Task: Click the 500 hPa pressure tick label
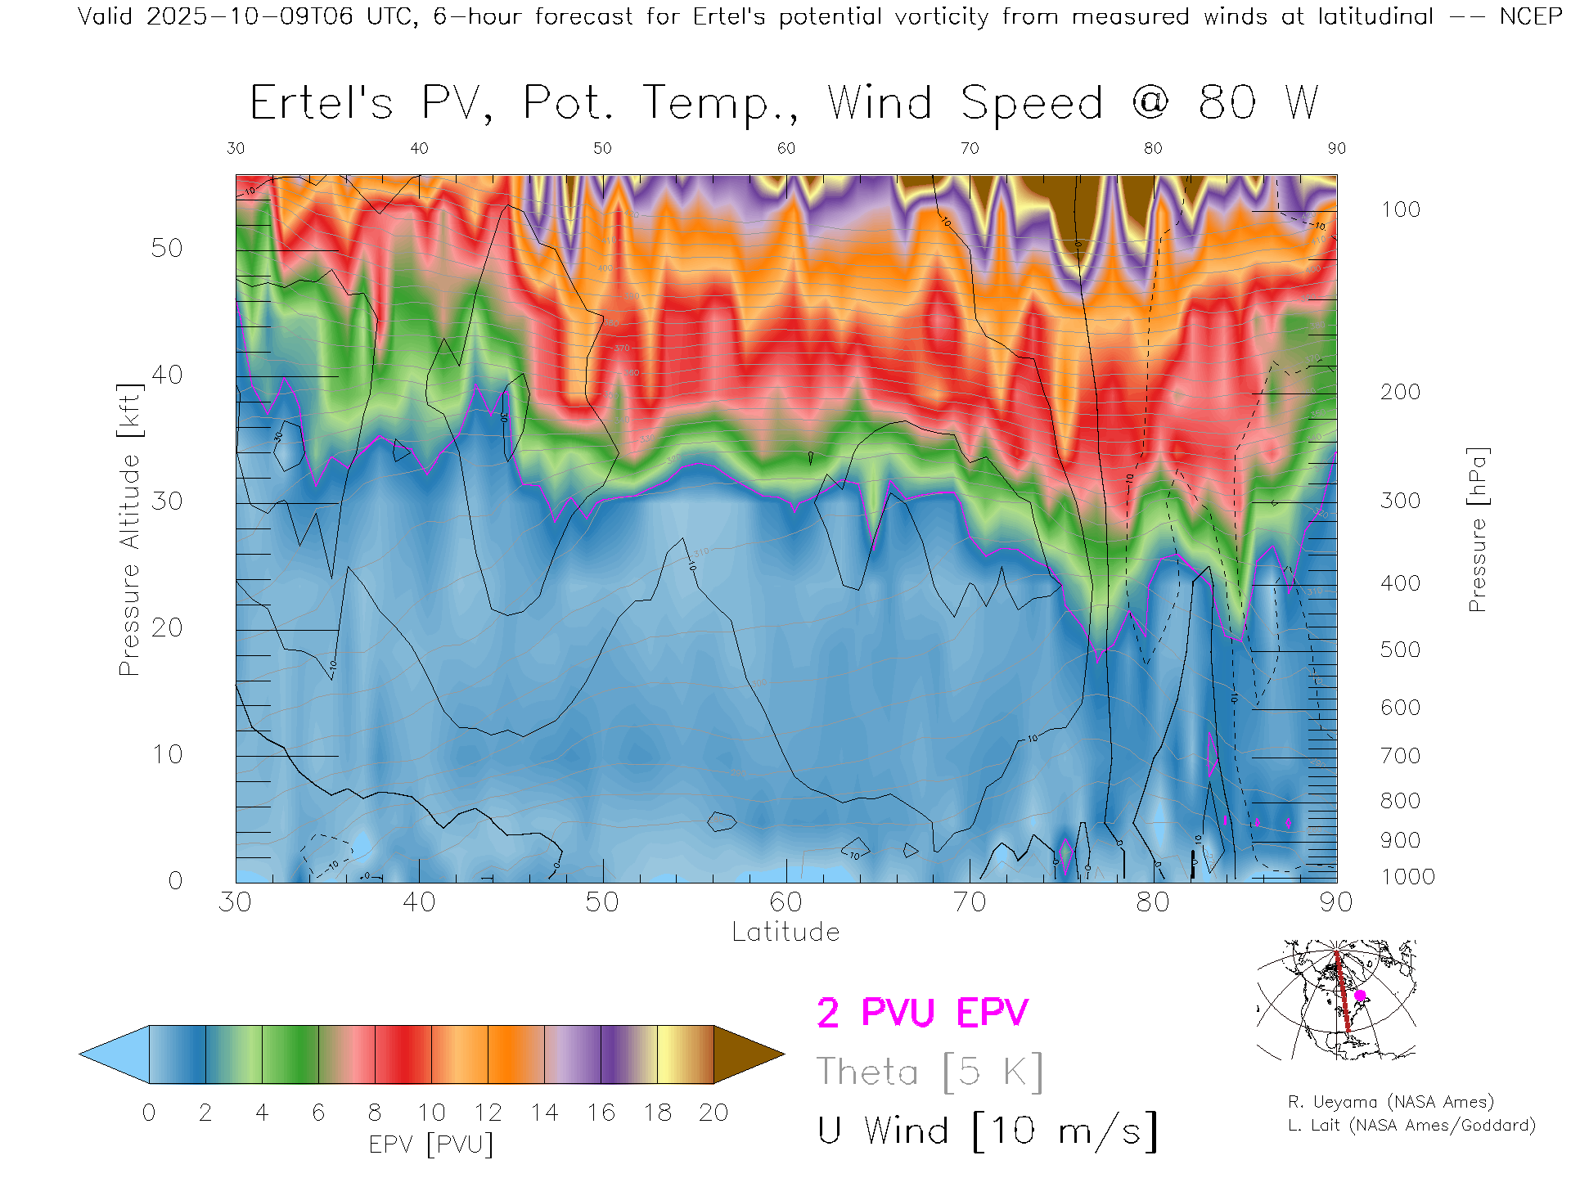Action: point(1400,650)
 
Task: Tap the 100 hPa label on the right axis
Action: point(1400,209)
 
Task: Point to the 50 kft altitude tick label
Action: point(166,248)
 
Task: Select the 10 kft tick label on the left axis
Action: point(166,754)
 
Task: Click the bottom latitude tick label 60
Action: point(785,901)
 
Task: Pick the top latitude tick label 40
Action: point(419,148)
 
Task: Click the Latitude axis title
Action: point(785,932)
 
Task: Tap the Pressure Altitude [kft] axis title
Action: point(129,529)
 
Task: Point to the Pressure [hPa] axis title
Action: point(1477,529)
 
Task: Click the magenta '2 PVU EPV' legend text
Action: point(922,1013)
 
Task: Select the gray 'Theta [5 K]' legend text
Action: point(930,1072)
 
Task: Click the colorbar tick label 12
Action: point(488,1113)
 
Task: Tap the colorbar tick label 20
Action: point(713,1113)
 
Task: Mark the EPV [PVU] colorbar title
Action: point(431,1144)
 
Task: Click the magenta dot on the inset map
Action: point(1360,996)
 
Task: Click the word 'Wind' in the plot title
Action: point(880,104)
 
